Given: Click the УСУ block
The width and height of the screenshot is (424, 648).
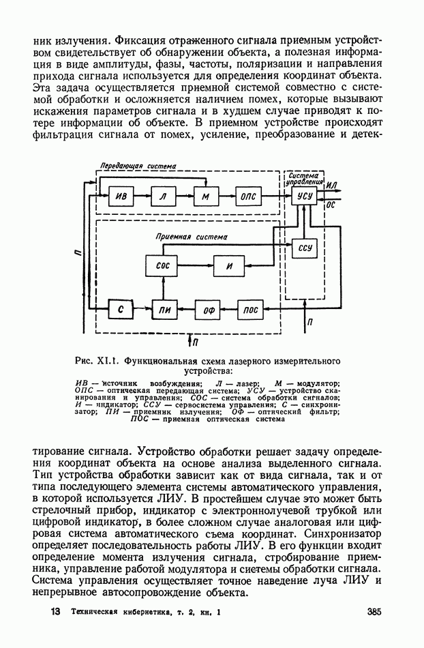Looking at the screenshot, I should tap(304, 196).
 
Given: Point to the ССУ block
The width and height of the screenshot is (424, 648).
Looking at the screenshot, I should tap(305, 249).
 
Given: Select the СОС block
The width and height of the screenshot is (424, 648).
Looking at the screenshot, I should tap(163, 266).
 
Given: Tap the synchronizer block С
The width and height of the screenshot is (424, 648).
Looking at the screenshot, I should tap(121, 310).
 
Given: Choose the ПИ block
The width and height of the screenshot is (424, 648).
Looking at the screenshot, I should tap(162, 310).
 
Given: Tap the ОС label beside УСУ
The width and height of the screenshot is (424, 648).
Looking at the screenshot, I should tap(332, 203).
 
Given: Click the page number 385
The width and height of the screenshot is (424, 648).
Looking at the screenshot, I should tap(373, 612).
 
